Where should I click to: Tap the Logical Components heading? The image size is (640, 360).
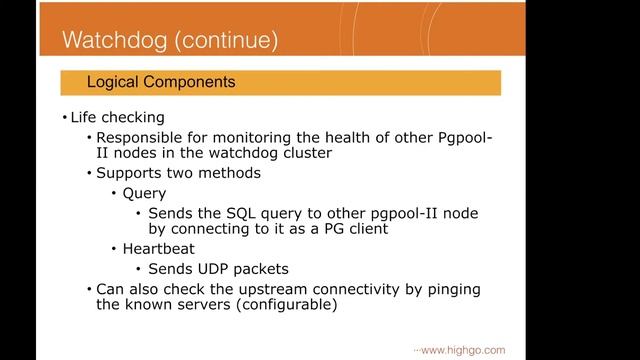point(161,82)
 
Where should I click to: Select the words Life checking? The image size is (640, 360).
point(117,117)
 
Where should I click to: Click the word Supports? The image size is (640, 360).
point(130,174)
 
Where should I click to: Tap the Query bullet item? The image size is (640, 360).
point(144,193)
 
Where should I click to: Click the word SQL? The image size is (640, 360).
point(250,213)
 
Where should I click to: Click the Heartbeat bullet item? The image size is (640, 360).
point(158,249)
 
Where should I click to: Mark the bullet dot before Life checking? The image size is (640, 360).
point(64,117)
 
